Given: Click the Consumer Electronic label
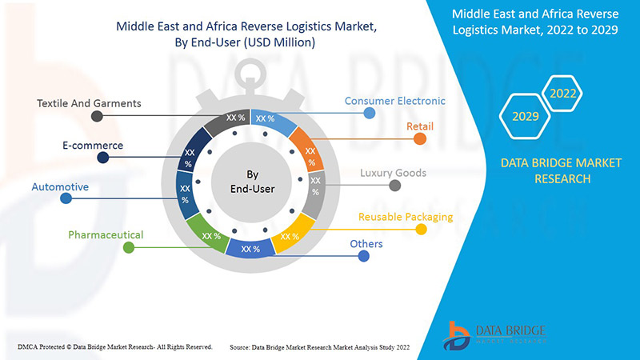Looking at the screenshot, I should point(394,102).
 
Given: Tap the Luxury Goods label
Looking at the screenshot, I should point(393,173).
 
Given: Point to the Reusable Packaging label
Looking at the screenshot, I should point(406,217).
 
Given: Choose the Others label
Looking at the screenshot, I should point(366,244).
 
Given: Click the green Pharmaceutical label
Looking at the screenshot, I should point(106,235).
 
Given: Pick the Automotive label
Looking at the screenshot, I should point(60,187).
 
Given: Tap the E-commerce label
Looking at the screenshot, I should point(92,146).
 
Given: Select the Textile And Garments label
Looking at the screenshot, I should point(89,103).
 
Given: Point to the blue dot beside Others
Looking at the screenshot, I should point(363,256).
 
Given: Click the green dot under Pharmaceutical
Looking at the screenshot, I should point(128,248).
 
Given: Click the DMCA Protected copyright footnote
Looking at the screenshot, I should point(114,346).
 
